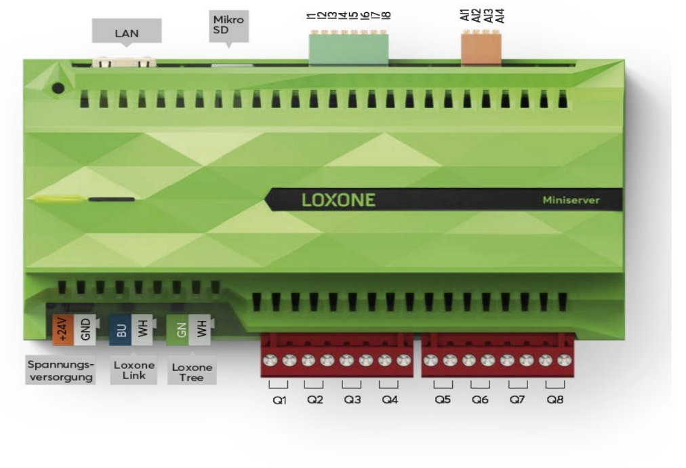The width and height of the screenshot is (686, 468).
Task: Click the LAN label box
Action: [x=126, y=31]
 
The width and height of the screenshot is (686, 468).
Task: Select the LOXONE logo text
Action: [x=338, y=200]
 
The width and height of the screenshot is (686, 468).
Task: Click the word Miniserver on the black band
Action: [x=571, y=200]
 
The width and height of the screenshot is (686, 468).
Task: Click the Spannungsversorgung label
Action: [x=60, y=370]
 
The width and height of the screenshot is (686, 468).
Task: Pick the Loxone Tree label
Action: [x=192, y=372]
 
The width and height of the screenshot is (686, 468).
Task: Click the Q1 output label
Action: [x=280, y=399]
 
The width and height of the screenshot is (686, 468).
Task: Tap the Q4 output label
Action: [x=389, y=399]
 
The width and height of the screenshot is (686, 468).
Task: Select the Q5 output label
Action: [x=443, y=399]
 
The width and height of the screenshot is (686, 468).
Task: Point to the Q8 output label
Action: [x=554, y=399]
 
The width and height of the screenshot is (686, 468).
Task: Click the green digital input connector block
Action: [x=348, y=49]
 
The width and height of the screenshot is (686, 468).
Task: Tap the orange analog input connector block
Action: [x=481, y=49]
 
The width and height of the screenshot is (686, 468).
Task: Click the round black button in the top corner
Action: [x=58, y=87]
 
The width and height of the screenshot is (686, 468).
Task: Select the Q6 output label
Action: [x=480, y=399]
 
